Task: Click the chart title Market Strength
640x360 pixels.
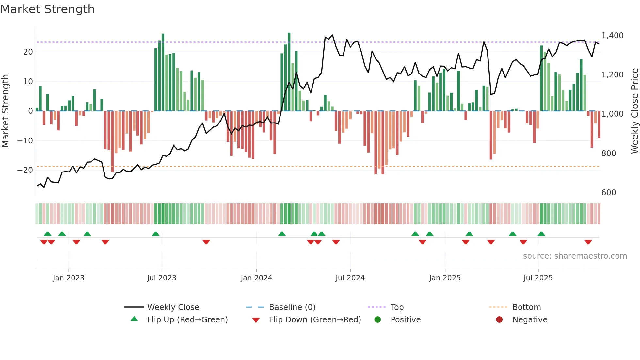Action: (47, 9)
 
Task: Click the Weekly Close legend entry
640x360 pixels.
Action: (173, 307)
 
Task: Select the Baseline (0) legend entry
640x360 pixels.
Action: (292, 307)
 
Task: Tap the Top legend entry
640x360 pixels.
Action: (397, 307)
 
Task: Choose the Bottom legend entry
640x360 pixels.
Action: (526, 307)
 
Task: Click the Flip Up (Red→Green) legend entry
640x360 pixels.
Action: (187, 319)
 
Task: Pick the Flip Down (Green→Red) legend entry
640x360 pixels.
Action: (315, 319)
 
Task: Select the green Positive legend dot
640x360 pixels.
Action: (378, 319)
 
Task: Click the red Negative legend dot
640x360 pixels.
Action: (499, 319)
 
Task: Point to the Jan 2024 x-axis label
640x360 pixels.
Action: (256, 278)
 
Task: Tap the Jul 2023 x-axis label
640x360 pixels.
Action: (162, 278)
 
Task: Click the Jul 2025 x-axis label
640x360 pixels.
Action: (538, 278)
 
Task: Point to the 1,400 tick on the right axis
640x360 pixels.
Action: (612, 35)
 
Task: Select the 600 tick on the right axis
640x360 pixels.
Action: (609, 192)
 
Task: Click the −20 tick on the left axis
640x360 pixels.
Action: (25, 170)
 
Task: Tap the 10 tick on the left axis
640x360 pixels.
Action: (28, 81)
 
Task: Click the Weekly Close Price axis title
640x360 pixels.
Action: (634, 111)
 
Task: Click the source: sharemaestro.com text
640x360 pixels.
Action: (575, 256)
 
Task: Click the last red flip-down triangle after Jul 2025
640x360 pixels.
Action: (588, 242)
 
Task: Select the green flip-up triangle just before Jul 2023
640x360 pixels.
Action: (156, 234)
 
